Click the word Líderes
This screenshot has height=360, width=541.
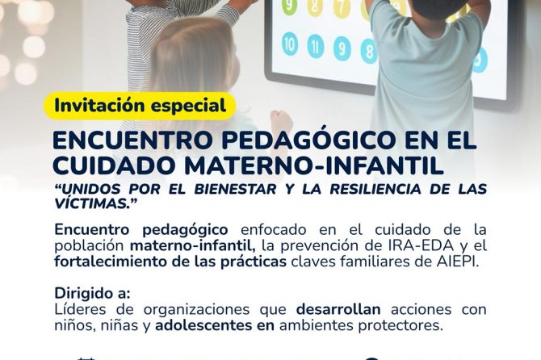coord(80,310)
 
